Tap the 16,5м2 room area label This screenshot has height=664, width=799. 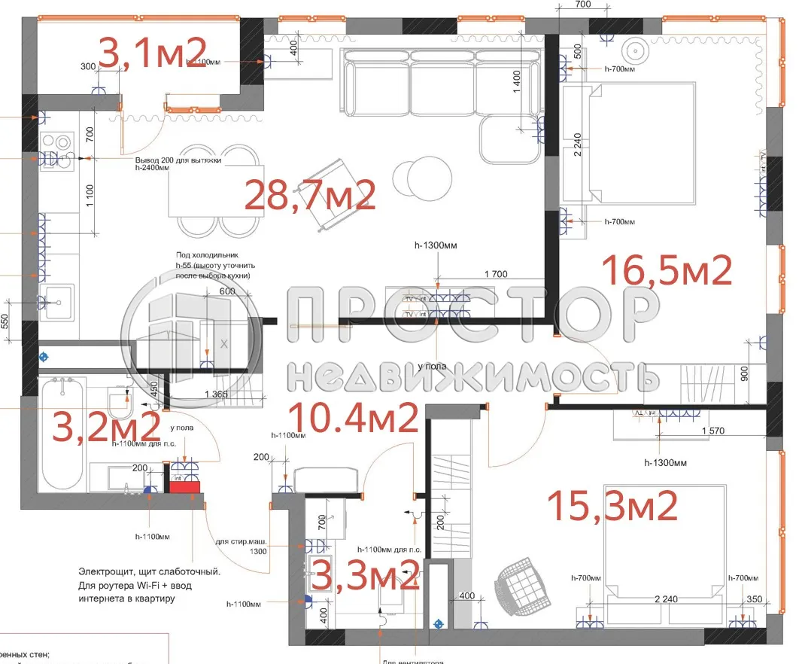pos(668,270)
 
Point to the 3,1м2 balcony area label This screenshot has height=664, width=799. pos(153,53)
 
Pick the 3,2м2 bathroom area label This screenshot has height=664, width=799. pos(105,428)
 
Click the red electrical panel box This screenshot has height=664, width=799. pos(185,486)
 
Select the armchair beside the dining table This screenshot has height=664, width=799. pos(331,194)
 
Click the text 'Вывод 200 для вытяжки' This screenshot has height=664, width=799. pos(178,161)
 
